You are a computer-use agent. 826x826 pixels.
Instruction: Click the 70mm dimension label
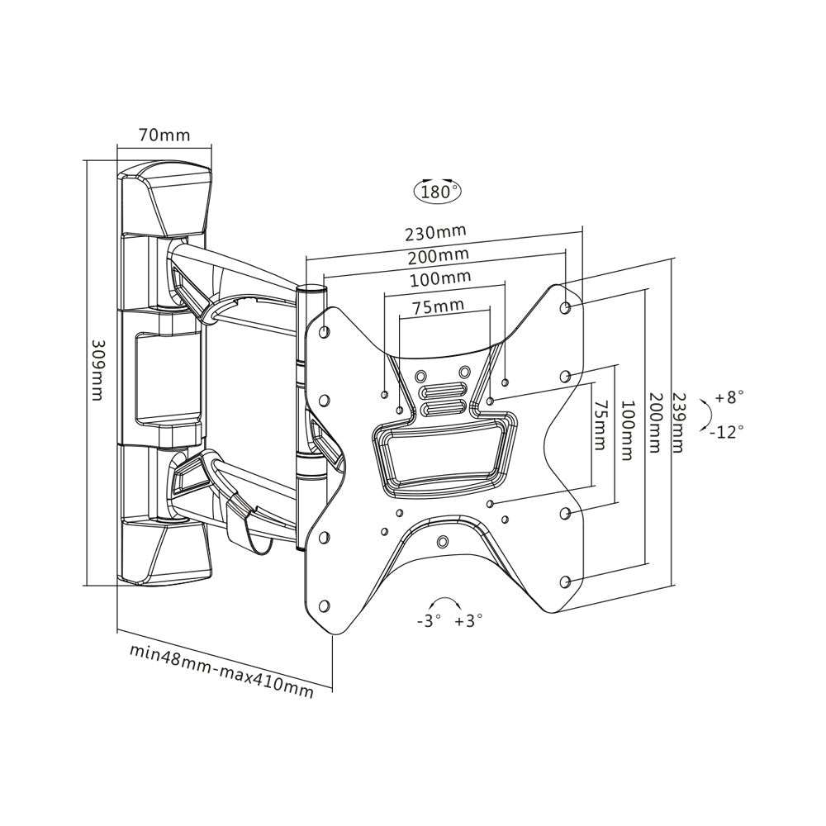coord(165,135)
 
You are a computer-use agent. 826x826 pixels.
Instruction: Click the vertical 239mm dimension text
coord(677,421)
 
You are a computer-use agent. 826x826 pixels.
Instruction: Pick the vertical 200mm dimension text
coord(654,421)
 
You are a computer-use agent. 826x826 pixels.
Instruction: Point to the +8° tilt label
coord(730,397)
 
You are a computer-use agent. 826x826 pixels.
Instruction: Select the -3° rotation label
coord(429,619)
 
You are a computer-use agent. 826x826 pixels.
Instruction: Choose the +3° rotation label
coord(468,619)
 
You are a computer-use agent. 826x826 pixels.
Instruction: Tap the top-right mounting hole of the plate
coord(566,307)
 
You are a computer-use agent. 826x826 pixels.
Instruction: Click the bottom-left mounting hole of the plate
coord(324,605)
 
